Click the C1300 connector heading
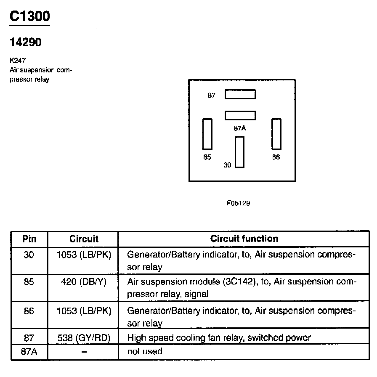[x=29, y=16]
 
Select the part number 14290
[x=26, y=42]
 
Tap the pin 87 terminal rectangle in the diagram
[x=240, y=94]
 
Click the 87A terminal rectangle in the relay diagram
[x=240, y=115]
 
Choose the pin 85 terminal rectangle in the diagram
[x=207, y=134]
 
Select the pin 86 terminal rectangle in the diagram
[x=276, y=134]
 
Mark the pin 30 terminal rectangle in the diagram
[x=239, y=152]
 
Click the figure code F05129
[x=239, y=203]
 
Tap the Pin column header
[x=29, y=239]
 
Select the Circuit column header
[x=84, y=239]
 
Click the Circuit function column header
[x=244, y=239]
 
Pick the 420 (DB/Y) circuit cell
[x=84, y=281]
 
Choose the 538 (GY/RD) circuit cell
[x=84, y=337]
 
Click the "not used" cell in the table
[x=144, y=351]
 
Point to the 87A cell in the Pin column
[x=29, y=351]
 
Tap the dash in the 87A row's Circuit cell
[x=84, y=352]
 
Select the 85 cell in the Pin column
[x=29, y=281]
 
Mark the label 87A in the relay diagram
[x=240, y=128]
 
